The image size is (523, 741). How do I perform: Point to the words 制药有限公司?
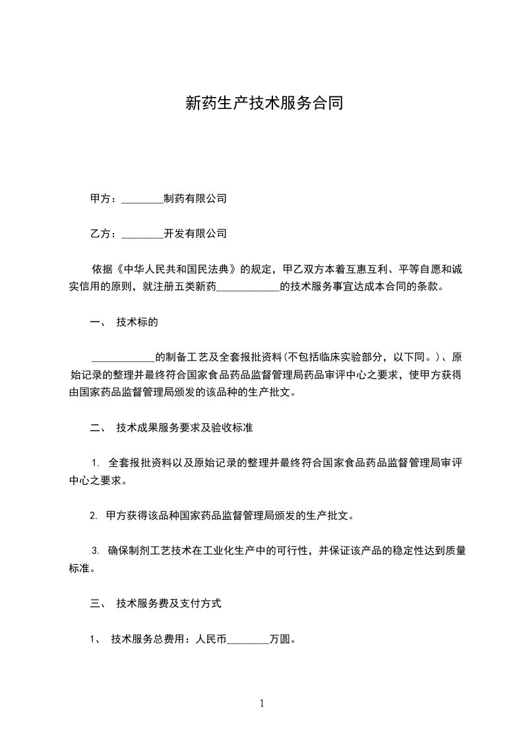click(x=195, y=198)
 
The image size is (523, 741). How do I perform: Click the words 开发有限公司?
click(x=195, y=233)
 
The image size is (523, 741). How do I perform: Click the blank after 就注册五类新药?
click(x=248, y=288)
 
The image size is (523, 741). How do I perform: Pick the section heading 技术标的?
click(x=137, y=322)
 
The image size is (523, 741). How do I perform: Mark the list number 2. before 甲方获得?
click(x=94, y=516)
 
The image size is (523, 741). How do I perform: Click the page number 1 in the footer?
click(x=262, y=703)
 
